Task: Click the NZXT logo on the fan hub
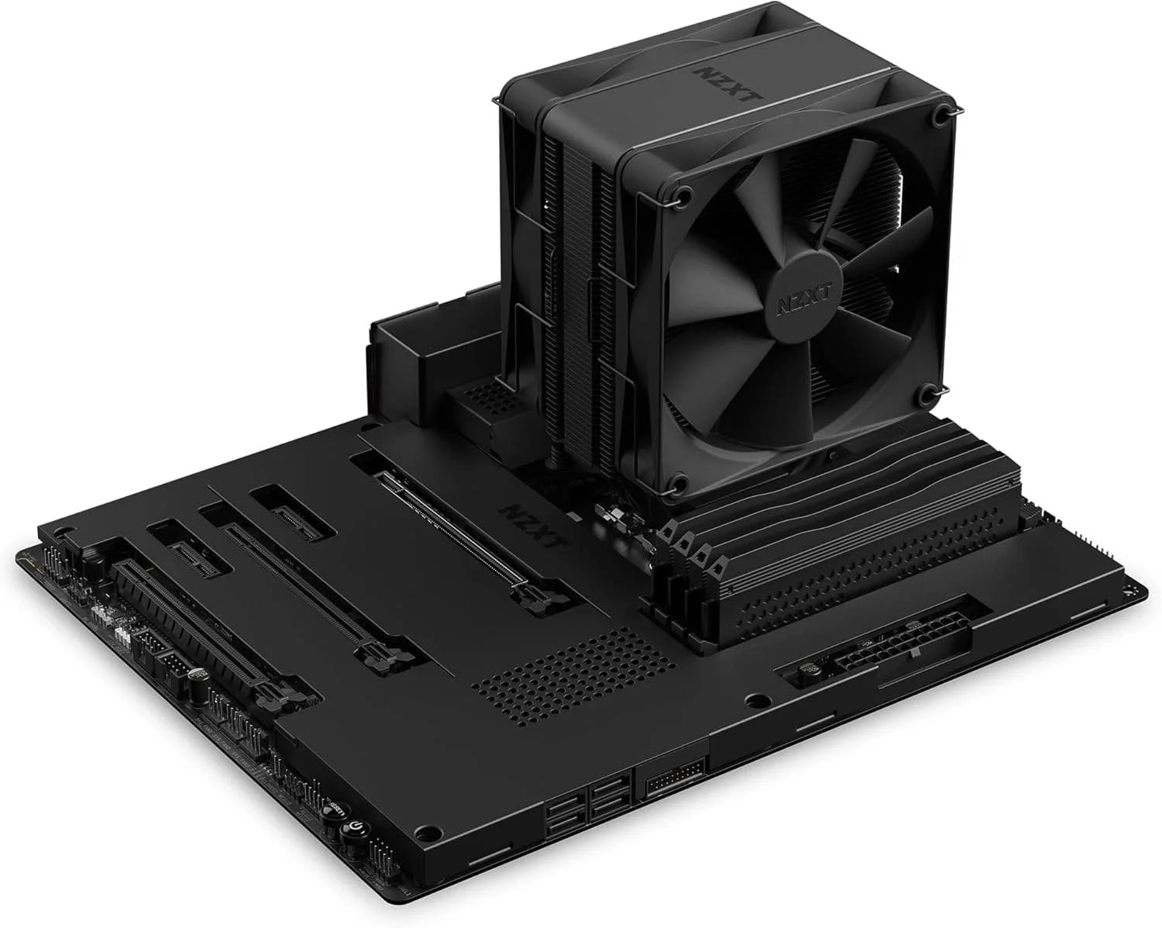(789, 302)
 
